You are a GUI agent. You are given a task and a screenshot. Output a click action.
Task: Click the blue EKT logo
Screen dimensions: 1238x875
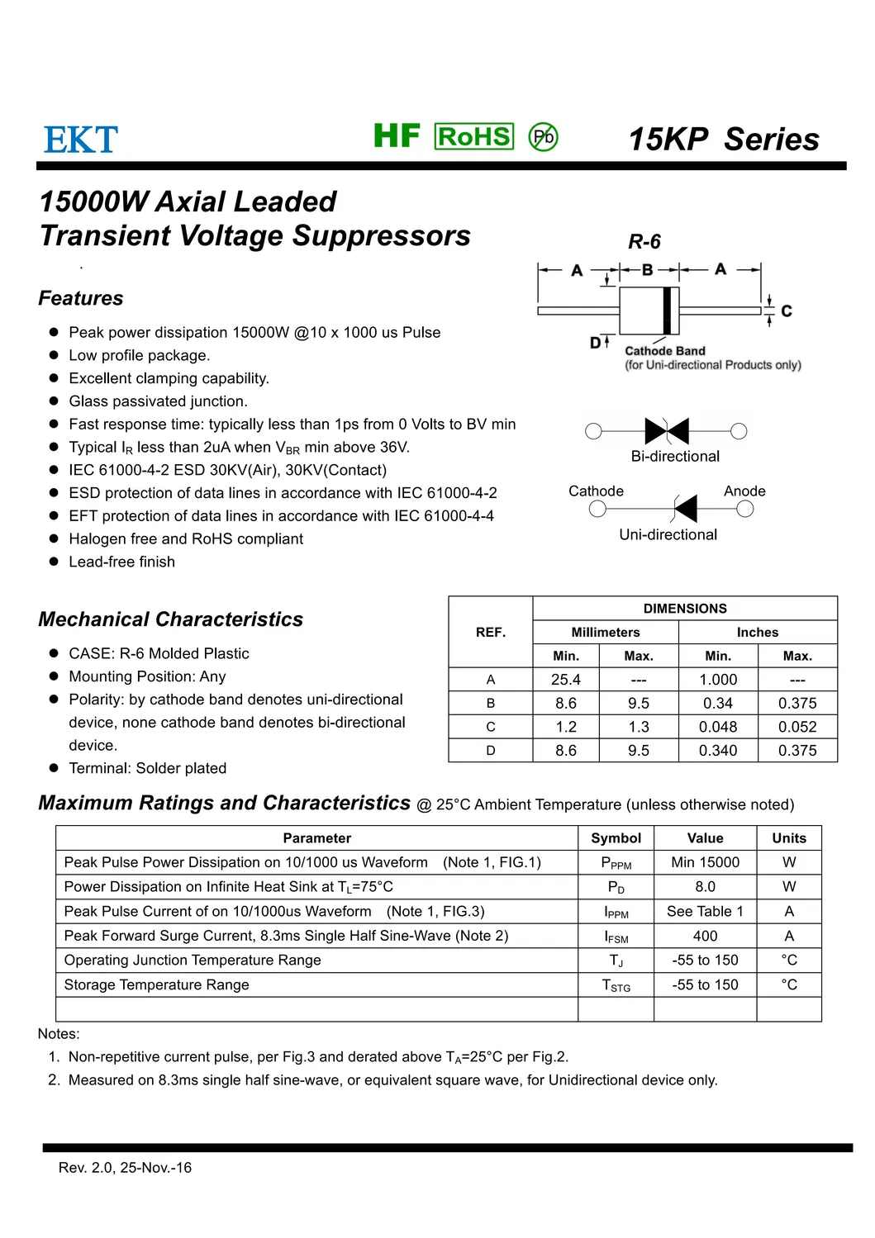pos(81,140)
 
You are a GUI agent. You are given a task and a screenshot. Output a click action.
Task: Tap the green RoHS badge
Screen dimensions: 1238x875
pos(473,136)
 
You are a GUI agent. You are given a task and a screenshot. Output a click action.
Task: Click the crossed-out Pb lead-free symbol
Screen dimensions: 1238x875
pos(543,136)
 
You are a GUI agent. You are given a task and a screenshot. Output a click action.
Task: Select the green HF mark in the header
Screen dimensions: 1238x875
pos(397,135)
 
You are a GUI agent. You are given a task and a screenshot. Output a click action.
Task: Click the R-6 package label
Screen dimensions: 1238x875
pos(644,242)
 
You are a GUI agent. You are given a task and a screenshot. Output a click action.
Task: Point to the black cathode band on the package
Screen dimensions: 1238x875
pos(667,311)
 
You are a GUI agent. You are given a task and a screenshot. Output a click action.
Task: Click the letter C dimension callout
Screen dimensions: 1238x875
pos(787,311)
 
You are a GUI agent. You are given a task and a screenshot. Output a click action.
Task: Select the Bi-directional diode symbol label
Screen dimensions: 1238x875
pos(675,456)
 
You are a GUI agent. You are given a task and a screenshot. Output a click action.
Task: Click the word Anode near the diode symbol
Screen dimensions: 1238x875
pos(744,491)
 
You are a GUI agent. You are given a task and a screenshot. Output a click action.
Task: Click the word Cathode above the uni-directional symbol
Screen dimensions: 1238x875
pos(596,491)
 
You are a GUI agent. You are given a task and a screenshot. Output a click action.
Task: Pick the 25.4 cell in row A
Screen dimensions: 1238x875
pos(566,680)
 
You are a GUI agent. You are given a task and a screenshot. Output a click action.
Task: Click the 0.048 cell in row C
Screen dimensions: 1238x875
pos(718,727)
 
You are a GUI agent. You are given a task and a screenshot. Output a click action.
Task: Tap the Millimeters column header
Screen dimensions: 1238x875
pos(606,632)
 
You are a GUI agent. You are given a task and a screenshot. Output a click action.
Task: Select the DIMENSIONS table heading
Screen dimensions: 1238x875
pos(685,608)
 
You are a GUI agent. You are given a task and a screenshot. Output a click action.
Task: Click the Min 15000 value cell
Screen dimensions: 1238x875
pos(705,862)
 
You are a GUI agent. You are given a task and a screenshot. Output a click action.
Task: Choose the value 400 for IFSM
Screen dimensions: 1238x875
pos(705,936)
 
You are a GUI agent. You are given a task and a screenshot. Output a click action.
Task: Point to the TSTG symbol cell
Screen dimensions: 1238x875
pos(616,985)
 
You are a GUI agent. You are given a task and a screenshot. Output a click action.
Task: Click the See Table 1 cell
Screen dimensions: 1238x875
pos(705,911)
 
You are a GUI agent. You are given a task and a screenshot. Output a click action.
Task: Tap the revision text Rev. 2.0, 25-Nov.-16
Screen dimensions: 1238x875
pos(125,1168)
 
